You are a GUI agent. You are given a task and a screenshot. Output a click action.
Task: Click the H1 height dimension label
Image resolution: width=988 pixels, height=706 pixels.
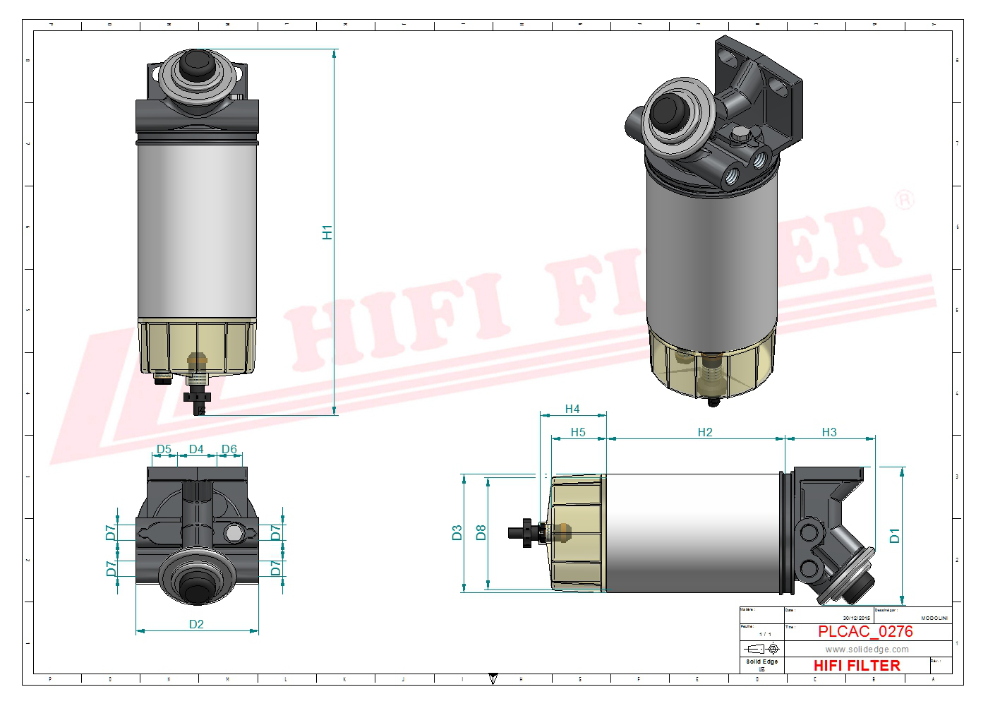click(327, 232)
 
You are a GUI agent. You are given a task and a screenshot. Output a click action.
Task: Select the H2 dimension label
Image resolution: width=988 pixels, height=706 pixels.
click(704, 432)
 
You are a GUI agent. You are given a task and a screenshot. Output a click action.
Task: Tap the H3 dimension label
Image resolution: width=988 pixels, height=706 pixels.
click(829, 432)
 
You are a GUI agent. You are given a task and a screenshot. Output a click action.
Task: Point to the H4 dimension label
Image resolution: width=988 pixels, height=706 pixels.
click(572, 409)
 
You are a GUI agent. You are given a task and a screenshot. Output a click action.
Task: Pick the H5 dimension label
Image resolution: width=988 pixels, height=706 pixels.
click(578, 432)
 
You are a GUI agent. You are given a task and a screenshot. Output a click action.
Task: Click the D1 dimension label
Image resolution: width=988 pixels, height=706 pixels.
click(895, 536)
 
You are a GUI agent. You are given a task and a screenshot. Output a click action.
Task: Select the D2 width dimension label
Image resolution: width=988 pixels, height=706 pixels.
click(196, 624)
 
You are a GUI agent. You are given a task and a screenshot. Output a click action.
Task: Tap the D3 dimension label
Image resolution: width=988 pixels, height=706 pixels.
click(457, 532)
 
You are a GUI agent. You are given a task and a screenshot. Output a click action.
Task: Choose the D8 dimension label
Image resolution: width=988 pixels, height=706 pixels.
click(481, 532)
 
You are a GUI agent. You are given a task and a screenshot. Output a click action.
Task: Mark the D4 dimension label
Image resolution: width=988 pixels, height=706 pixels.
click(196, 449)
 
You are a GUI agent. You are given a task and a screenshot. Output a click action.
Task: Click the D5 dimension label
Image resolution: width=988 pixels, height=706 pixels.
click(164, 449)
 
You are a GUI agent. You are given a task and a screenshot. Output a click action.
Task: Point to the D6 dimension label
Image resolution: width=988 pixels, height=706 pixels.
click(229, 449)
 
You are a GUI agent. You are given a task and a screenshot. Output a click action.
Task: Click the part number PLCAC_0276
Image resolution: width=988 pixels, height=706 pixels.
click(865, 632)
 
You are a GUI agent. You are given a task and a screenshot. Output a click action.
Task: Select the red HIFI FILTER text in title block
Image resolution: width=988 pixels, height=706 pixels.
click(857, 666)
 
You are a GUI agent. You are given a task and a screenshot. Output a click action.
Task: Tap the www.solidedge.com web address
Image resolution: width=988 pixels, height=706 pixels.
click(867, 650)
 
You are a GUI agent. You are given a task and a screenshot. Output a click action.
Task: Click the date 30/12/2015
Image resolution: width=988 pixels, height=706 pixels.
click(856, 618)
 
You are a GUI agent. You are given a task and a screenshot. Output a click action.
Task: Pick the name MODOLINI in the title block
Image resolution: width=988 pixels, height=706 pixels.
click(934, 618)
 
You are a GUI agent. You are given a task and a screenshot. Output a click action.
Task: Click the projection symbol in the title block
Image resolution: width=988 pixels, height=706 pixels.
click(762, 648)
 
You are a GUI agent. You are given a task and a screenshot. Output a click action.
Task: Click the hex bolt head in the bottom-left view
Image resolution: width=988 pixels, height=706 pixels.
click(233, 532)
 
